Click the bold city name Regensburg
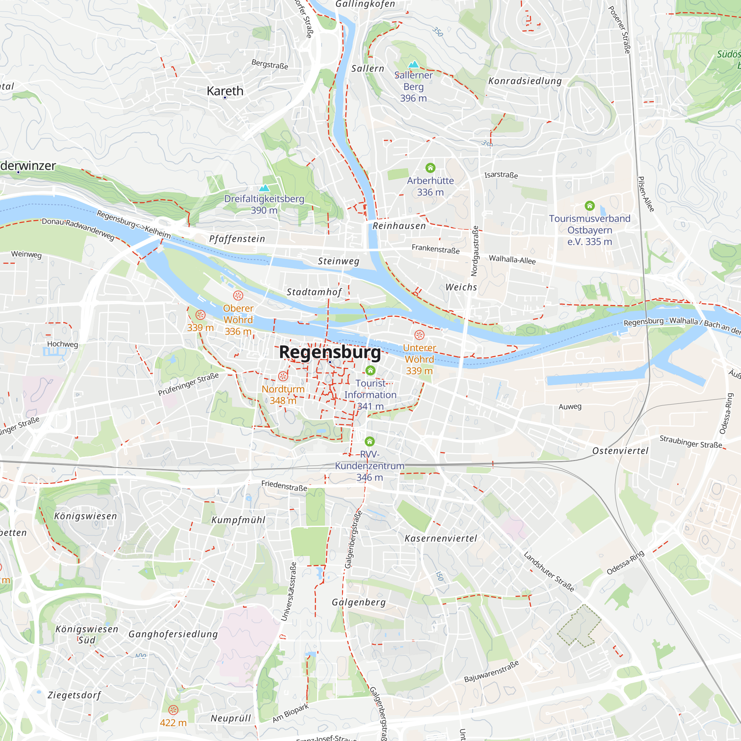point(330,352)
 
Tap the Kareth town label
point(225,91)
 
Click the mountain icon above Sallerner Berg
point(413,64)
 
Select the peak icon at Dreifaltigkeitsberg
point(264,188)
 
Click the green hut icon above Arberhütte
point(430,168)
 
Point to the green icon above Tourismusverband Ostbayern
point(589,206)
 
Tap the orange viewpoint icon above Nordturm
point(283,376)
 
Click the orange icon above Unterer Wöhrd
point(419,335)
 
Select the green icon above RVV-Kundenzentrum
point(369,442)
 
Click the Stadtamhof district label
point(314,292)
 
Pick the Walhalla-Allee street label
point(512,260)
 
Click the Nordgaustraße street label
point(475,251)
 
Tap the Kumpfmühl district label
point(238,520)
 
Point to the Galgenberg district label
point(359,602)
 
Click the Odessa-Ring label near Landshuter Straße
point(625,563)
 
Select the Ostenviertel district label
point(620,451)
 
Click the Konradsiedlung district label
point(525,81)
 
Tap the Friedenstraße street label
point(284,486)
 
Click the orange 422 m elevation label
point(173,723)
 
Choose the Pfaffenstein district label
point(237,239)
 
